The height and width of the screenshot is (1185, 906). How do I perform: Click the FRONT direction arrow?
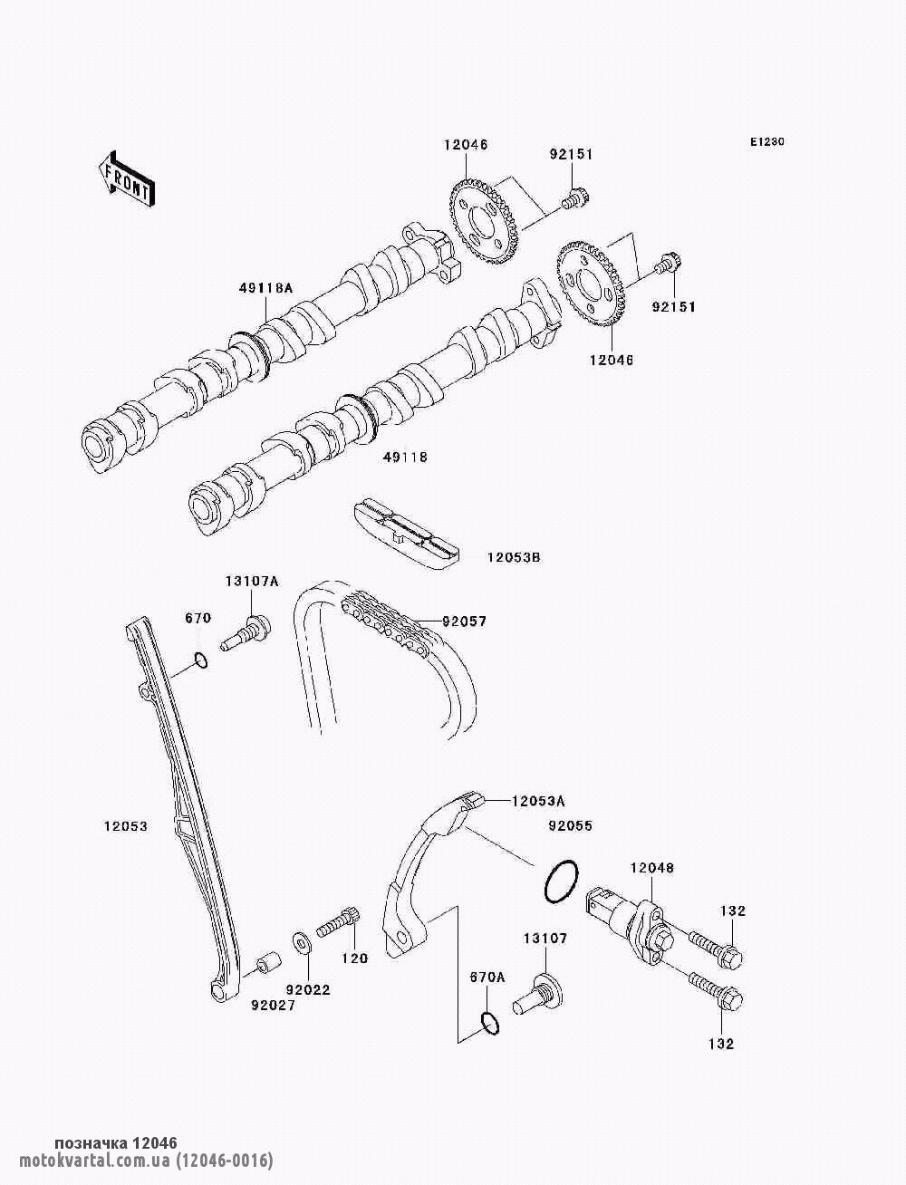127,178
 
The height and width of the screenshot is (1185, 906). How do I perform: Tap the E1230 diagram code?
766,142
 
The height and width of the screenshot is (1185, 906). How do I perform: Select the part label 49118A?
265,288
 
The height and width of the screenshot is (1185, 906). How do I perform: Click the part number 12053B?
514,557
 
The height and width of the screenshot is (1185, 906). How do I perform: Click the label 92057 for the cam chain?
465,621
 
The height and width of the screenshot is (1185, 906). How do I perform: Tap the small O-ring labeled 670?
200,660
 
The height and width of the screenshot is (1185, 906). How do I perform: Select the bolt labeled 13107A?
246,632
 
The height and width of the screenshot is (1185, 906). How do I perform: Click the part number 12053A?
538,817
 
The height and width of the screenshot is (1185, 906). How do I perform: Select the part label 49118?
405,458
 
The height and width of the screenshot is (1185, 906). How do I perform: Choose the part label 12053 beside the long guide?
125,826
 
